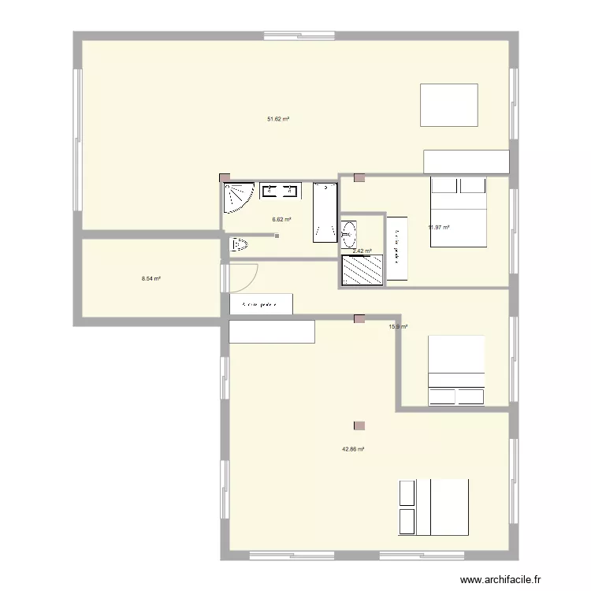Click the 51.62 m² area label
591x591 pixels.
tap(277, 119)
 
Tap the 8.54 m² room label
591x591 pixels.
tap(151, 278)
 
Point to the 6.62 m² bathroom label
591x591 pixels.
tap(281, 220)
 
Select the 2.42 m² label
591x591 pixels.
tap(362, 251)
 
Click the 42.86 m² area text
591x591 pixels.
tap(352, 449)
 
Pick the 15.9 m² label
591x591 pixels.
tap(398, 326)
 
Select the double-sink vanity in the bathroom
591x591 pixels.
tap(280, 190)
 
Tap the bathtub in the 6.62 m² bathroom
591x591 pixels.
tap(325, 211)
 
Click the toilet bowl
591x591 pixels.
tap(239, 245)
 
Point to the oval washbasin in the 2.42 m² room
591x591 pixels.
tap(349, 234)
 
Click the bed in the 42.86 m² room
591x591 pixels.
tap(433, 507)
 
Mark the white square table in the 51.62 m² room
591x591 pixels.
tap(449, 105)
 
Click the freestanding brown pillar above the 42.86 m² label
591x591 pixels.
tap(359, 426)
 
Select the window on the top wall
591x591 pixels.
tap(299, 35)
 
